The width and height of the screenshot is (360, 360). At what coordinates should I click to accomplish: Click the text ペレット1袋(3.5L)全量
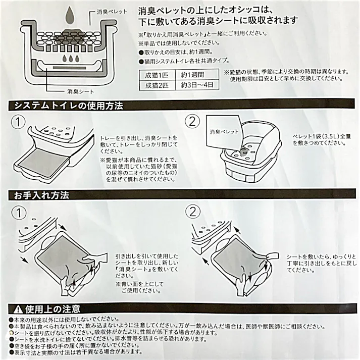321,137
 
